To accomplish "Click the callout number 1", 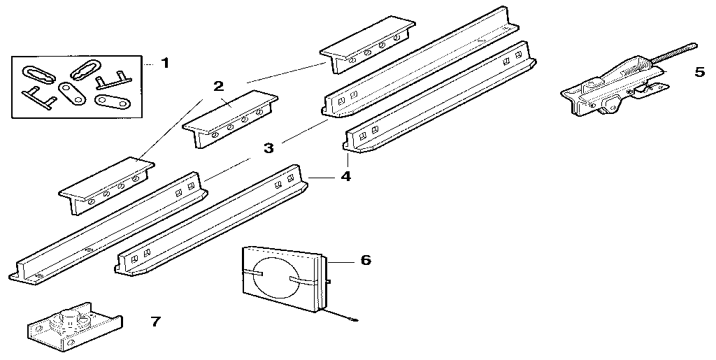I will click(165, 64).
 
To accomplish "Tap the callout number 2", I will click(219, 86).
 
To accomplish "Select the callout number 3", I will click(268, 148).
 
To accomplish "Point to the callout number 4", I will click(345, 176).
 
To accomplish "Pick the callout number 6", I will click(365, 261).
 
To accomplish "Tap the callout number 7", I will click(155, 322).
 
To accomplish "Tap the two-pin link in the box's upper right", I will click(109, 85).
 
